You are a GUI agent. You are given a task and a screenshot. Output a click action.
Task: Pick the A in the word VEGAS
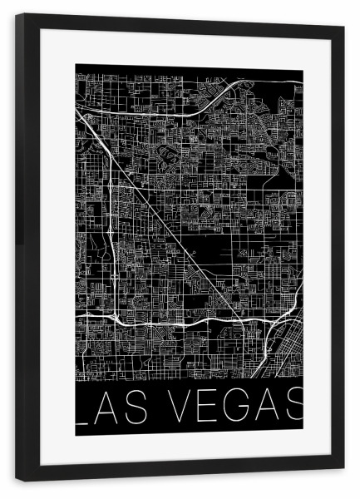pos(266,408)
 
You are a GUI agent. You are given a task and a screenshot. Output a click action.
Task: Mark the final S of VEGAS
pos(293,408)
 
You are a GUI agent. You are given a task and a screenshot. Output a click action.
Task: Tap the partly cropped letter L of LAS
pos(81,408)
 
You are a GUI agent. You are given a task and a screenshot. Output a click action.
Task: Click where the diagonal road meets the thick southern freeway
pos(241,320)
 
